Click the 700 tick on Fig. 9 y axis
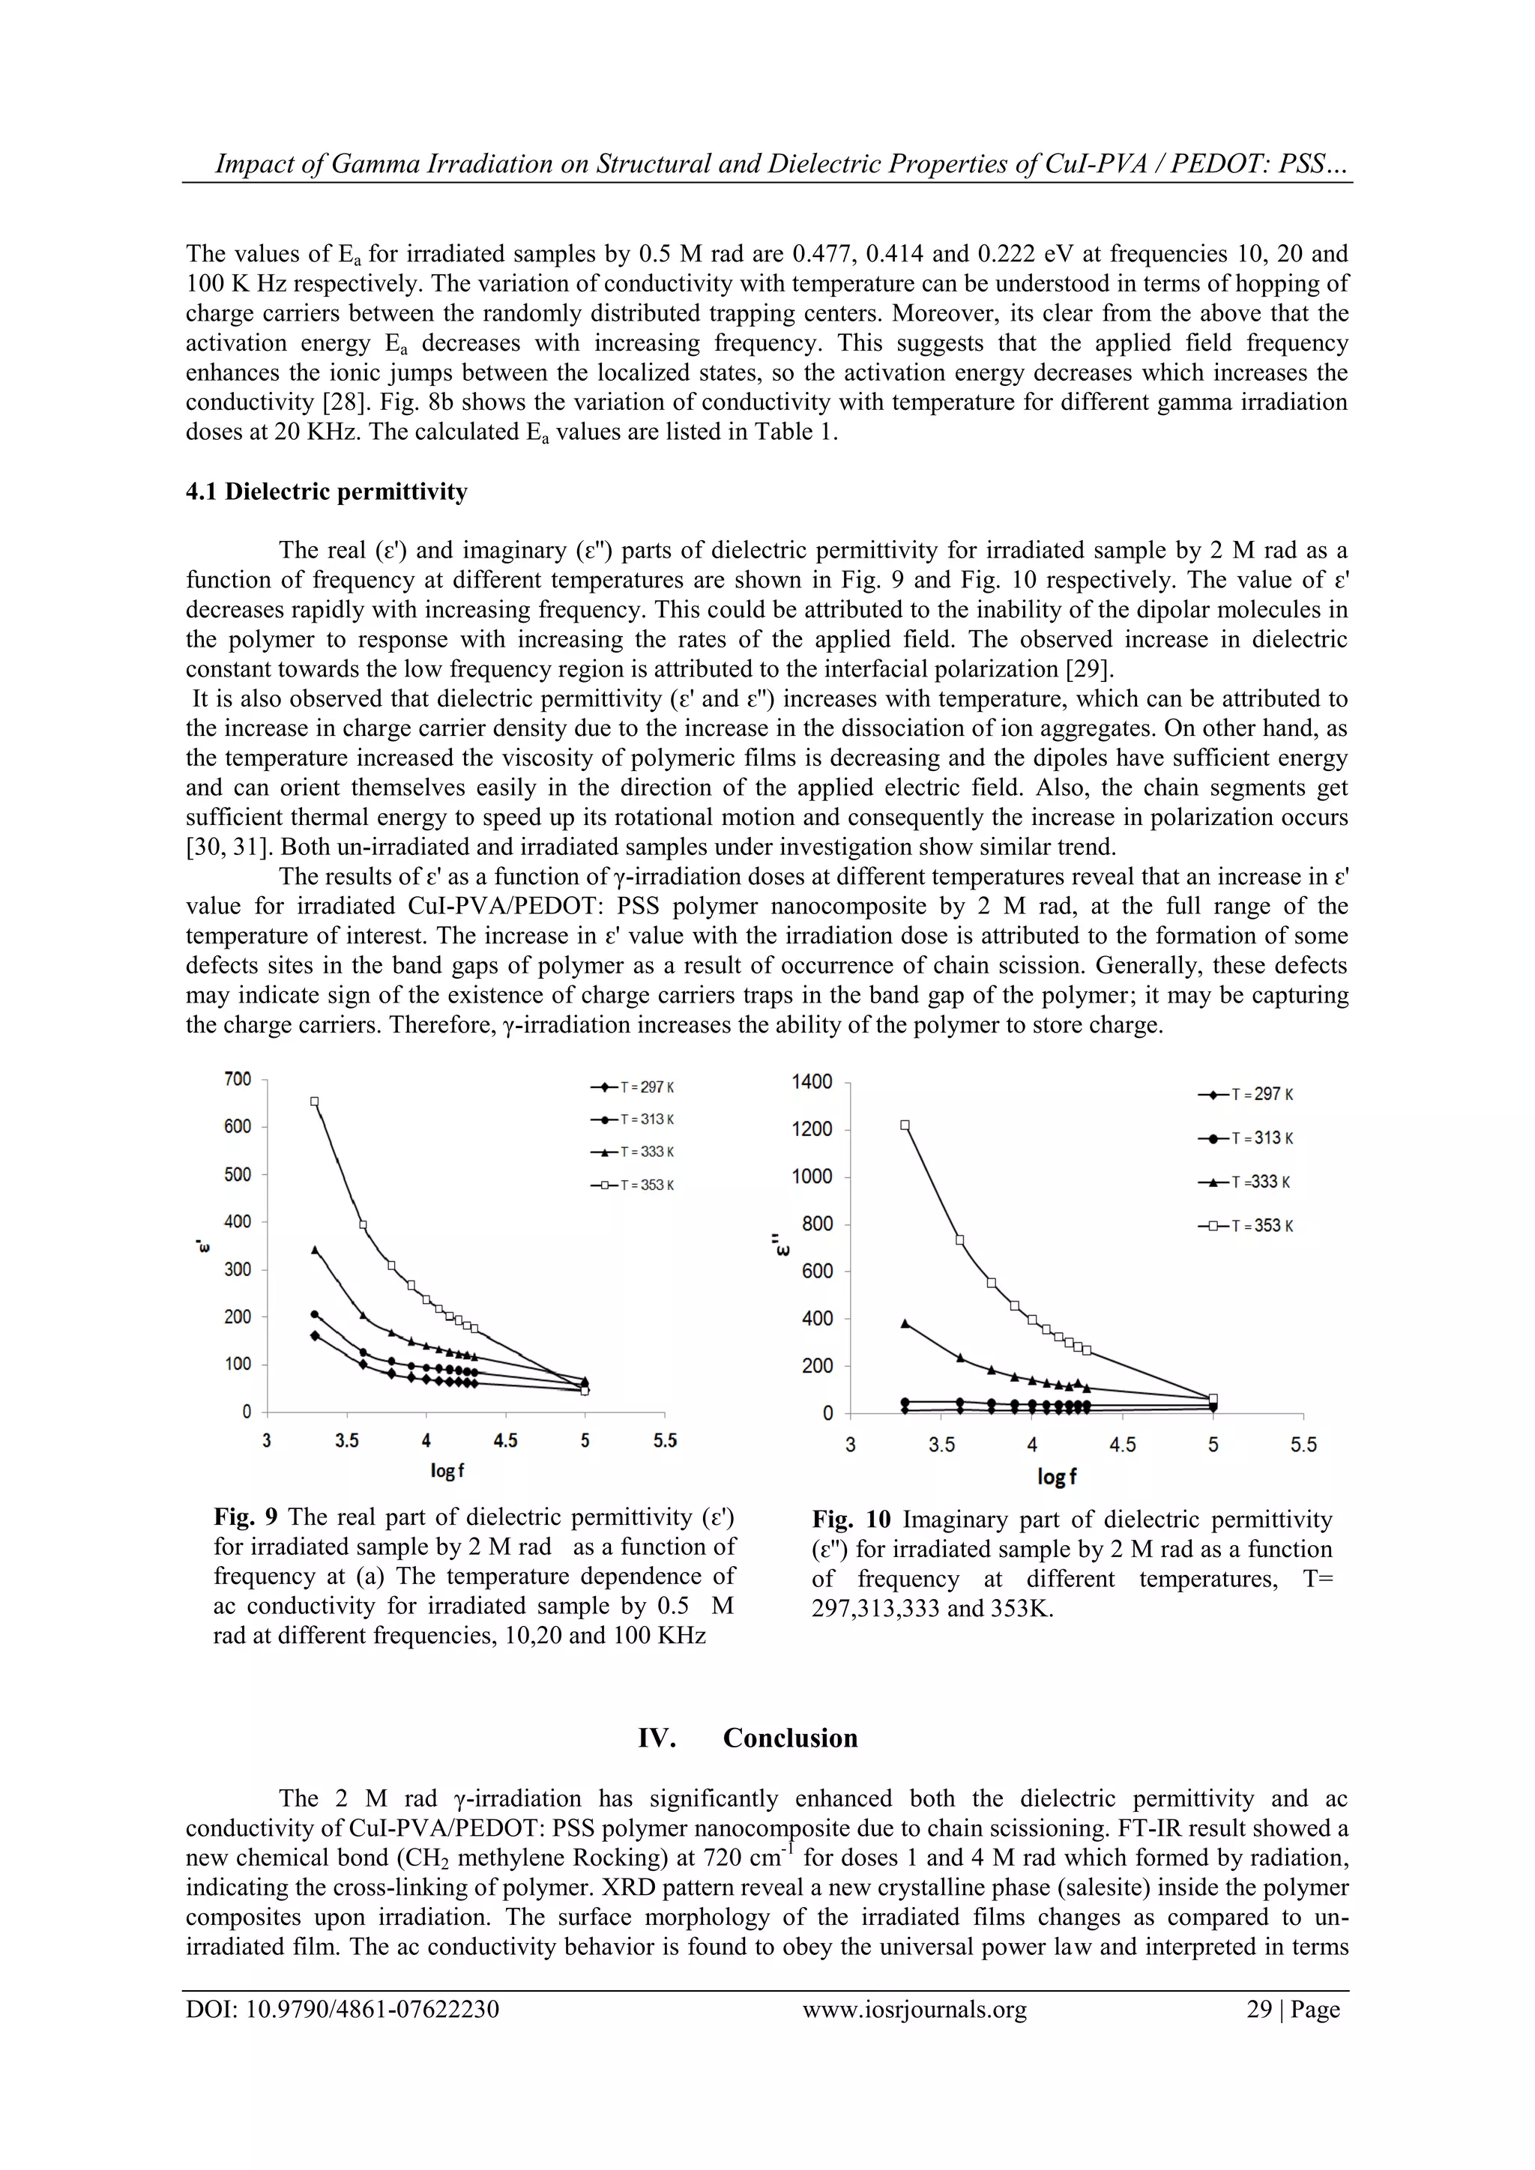pyautogui.click(x=238, y=1078)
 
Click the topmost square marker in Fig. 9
pyautogui.click(x=315, y=1101)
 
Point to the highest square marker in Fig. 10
pyautogui.click(x=905, y=1125)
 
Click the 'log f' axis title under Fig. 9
pyautogui.click(x=447, y=1472)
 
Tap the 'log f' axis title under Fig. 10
pyautogui.click(x=1057, y=1476)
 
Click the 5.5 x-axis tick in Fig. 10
pyautogui.click(x=1303, y=1445)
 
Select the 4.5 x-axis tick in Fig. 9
pyautogui.click(x=506, y=1442)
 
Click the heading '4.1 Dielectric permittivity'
pyautogui.click(x=326, y=492)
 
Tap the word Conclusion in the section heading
pyautogui.click(x=790, y=1738)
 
